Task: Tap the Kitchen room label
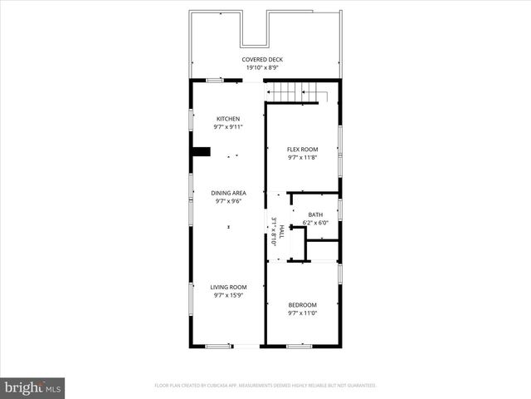click(x=228, y=118)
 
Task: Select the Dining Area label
click(x=228, y=192)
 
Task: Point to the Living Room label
click(x=228, y=287)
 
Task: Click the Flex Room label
click(x=302, y=149)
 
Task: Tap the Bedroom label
click(x=302, y=305)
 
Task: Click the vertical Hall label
click(x=281, y=230)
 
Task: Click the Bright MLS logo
click(x=32, y=387)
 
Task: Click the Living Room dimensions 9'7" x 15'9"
click(x=228, y=295)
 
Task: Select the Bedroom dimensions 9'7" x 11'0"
click(x=302, y=313)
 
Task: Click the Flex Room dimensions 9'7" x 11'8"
click(x=302, y=157)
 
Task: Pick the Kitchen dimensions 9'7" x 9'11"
click(x=228, y=127)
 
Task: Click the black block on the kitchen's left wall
click(x=201, y=152)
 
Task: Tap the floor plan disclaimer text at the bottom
click(x=265, y=386)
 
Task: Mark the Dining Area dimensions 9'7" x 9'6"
click(x=228, y=200)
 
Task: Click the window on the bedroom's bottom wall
click(x=299, y=345)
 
